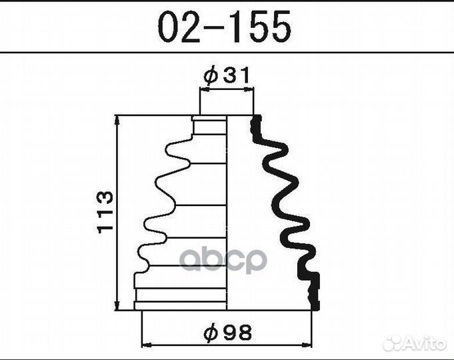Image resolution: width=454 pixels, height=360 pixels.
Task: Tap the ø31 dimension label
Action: tap(227, 76)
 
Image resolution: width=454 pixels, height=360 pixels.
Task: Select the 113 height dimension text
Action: tap(105, 213)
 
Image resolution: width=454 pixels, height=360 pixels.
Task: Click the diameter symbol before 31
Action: tap(210, 76)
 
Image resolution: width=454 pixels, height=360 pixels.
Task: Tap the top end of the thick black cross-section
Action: tap(255, 121)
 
